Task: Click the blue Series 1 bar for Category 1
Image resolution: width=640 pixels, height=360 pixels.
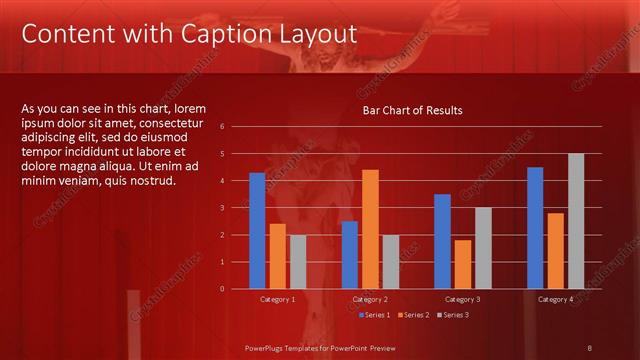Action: click(x=257, y=231)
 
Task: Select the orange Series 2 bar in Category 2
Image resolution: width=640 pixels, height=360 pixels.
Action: click(x=370, y=229)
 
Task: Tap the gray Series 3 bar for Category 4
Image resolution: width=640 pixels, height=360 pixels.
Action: click(x=576, y=221)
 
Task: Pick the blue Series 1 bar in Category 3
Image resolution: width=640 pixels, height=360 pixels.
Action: click(x=442, y=241)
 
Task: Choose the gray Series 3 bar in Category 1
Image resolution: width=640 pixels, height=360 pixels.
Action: click(x=298, y=262)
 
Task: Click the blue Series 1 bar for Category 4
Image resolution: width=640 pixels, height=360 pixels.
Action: click(x=535, y=228)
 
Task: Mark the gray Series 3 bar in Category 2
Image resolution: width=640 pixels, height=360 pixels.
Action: click(x=390, y=262)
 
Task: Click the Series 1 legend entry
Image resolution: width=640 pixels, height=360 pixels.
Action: click(x=374, y=315)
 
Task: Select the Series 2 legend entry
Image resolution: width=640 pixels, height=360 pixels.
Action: click(x=413, y=315)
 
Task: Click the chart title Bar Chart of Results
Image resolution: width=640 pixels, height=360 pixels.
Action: click(x=412, y=110)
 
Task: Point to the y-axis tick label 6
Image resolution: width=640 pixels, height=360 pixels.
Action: click(x=237, y=127)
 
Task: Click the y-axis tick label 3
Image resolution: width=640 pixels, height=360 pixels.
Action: click(x=237, y=208)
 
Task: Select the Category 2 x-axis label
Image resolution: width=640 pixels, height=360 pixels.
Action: click(x=370, y=299)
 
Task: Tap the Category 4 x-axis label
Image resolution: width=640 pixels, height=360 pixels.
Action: click(x=555, y=299)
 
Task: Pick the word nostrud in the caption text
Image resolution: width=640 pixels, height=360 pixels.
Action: click(x=153, y=181)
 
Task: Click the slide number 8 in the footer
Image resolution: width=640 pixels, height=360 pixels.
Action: click(x=589, y=347)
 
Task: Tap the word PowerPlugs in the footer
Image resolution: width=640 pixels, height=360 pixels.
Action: click(x=267, y=347)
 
